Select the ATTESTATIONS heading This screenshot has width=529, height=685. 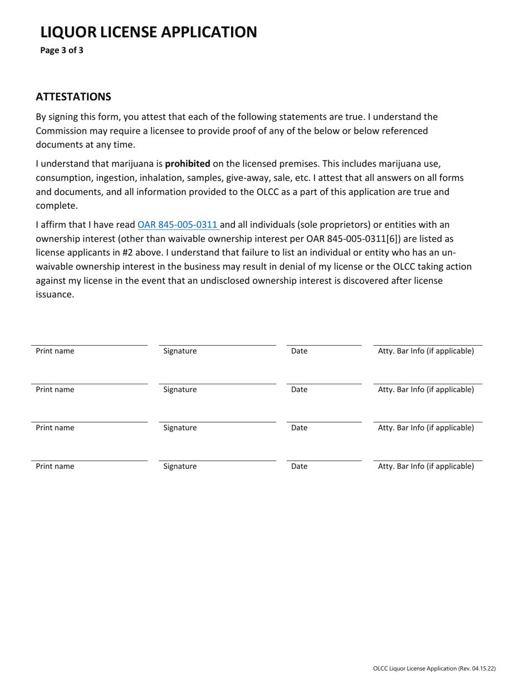pyautogui.click(x=74, y=97)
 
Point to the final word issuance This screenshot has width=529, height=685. pyautogui.click(x=55, y=295)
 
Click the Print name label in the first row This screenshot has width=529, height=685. pyautogui.click(x=55, y=351)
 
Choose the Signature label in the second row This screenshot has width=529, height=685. pyautogui.click(x=180, y=390)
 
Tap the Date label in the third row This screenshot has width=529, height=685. pyautogui.click(x=300, y=428)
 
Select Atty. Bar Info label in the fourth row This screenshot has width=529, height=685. pyautogui.click(x=427, y=466)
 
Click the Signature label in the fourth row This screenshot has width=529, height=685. pyautogui.click(x=180, y=467)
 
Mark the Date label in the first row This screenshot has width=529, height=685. pyautogui.click(x=300, y=351)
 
